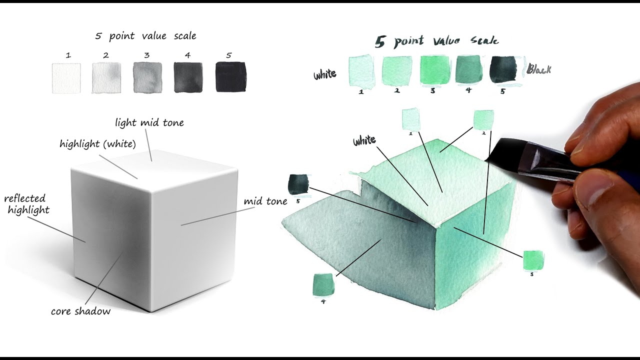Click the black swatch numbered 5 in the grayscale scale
click(230, 77)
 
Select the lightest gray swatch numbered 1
click(66, 77)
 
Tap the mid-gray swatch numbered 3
click(147, 77)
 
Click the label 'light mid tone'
click(149, 122)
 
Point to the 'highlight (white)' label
click(97, 144)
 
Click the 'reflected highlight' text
click(27, 204)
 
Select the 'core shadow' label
click(80, 311)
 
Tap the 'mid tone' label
click(265, 201)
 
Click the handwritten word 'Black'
click(538, 69)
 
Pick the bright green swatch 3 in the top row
click(433, 70)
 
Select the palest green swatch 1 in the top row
click(361, 71)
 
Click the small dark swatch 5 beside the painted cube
click(298, 184)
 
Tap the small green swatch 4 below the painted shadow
click(323, 284)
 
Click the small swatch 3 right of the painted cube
click(533, 259)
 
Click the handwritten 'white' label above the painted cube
click(364, 141)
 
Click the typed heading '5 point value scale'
click(145, 36)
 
